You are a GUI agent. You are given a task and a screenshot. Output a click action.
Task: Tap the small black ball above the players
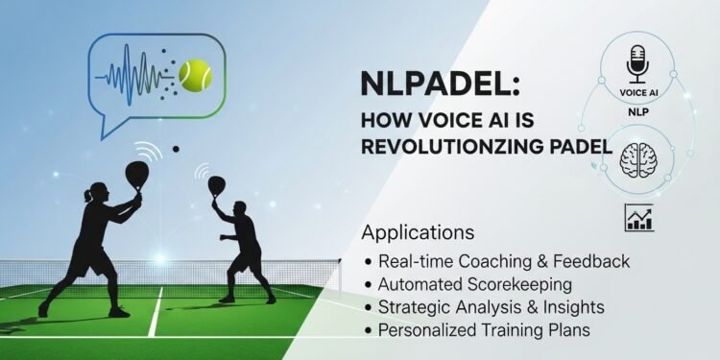(x=175, y=148)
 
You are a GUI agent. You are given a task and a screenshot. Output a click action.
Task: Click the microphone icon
(x=635, y=64)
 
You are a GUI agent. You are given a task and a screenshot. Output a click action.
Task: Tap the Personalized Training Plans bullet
(x=479, y=330)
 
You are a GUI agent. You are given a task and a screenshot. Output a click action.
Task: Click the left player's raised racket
(x=136, y=174)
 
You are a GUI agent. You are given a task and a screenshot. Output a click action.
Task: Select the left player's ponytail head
(x=91, y=195)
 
